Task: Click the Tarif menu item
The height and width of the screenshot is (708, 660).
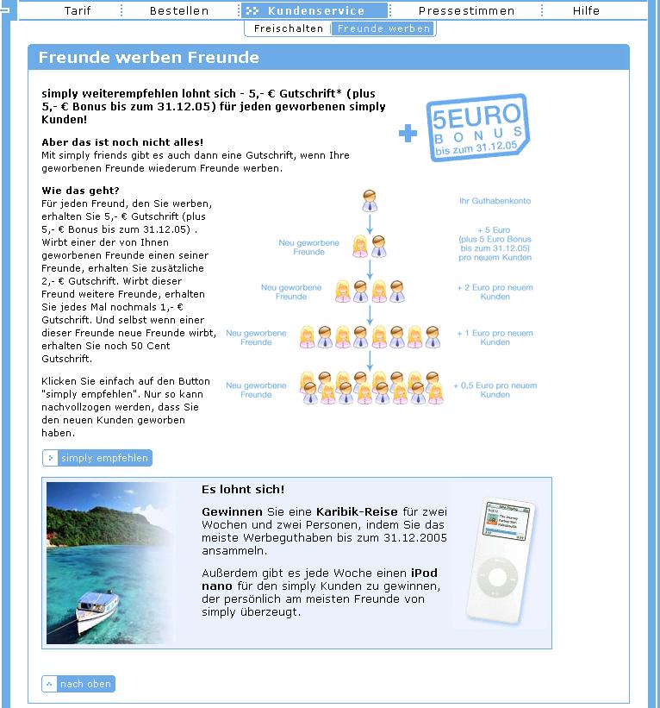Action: pyautogui.click(x=78, y=11)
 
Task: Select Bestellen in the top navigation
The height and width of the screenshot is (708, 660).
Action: pyautogui.click(x=179, y=11)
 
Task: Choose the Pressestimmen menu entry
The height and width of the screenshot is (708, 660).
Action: pyautogui.click(x=466, y=11)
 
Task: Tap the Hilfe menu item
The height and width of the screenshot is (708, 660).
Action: pyautogui.click(x=587, y=11)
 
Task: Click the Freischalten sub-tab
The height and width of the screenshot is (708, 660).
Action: pyautogui.click(x=289, y=28)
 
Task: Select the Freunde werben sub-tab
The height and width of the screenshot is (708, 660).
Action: pyautogui.click(x=383, y=28)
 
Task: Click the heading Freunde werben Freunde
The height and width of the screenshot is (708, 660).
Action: pyautogui.click(x=149, y=58)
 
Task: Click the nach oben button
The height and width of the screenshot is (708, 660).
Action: pyautogui.click(x=78, y=684)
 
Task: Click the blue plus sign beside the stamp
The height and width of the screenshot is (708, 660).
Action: pyautogui.click(x=408, y=133)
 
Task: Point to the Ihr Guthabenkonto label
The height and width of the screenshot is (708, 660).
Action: pyautogui.click(x=495, y=201)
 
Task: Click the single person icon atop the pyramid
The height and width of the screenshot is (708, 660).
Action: pyautogui.click(x=370, y=200)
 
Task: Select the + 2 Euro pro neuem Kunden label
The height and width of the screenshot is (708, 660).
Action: pyautogui.click(x=495, y=291)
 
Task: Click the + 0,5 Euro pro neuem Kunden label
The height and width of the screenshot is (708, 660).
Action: pyautogui.click(x=495, y=390)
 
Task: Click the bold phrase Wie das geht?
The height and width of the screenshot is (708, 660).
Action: pyautogui.click(x=80, y=190)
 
